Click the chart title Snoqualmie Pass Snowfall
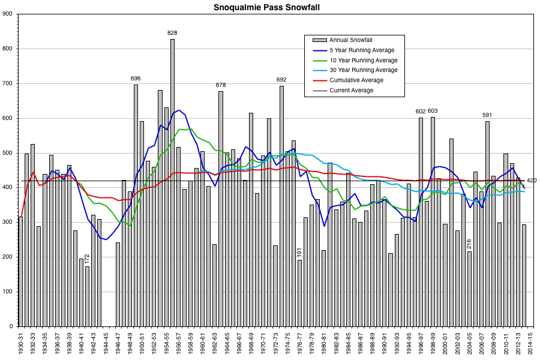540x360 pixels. [x=269, y=8]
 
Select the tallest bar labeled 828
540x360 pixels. [x=172, y=180]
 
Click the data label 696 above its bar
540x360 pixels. [x=136, y=79]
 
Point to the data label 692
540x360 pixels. [x=281, y=80]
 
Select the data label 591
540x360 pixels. [x=487, y=115]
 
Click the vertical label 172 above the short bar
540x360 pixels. [x=88, y=259]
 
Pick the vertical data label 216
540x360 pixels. [x=469, y=244]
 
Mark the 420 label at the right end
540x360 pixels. [x=532, y=181]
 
